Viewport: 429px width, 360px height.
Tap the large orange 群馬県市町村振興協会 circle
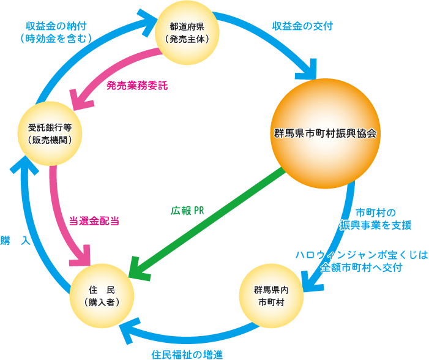point(324,132)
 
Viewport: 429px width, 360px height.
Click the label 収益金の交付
point(294,26)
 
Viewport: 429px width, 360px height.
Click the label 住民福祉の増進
point(187,353)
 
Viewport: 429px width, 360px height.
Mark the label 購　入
point(15,241)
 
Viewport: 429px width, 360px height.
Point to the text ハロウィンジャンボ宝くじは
point(361,254)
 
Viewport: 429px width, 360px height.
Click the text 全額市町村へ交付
point(370,267)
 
